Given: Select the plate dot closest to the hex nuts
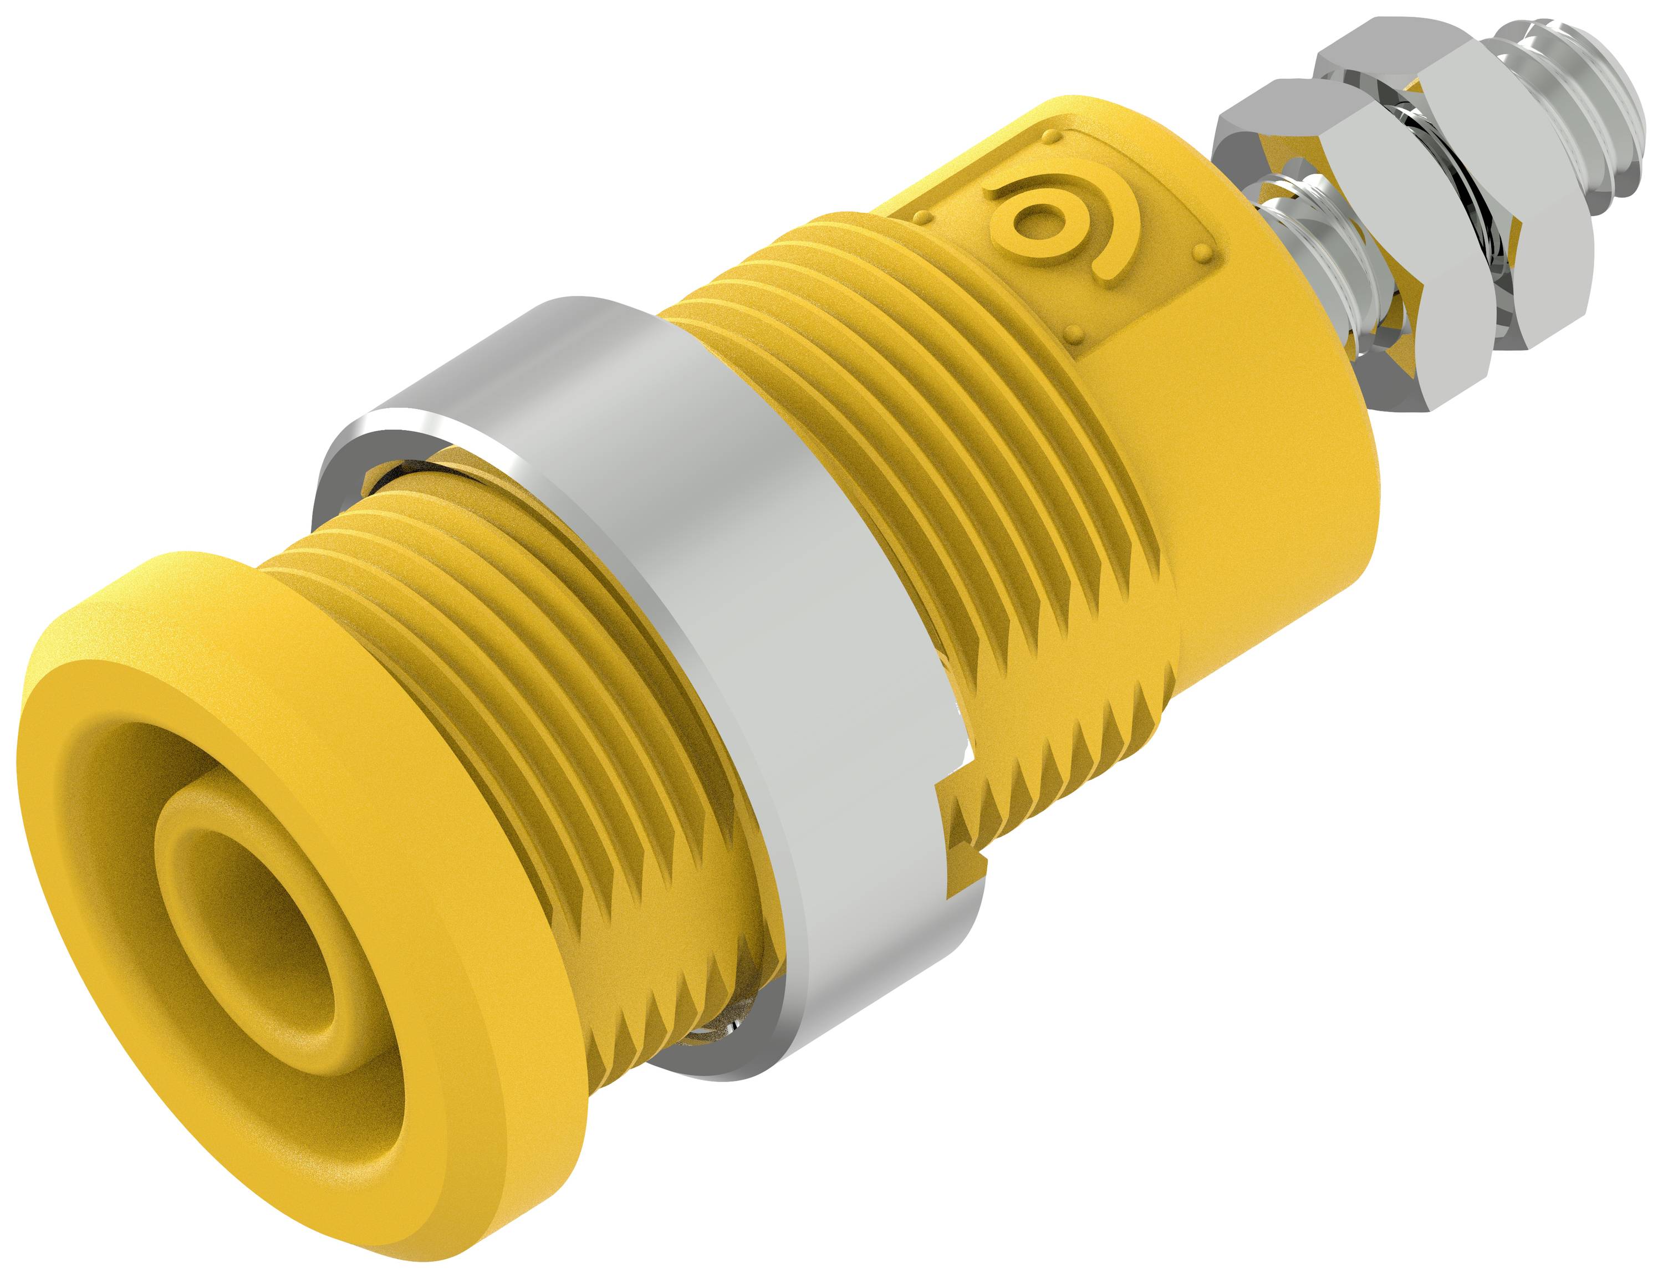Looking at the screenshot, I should [x=1202, y=250].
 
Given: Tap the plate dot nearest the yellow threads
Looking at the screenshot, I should [x=924, y=218].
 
